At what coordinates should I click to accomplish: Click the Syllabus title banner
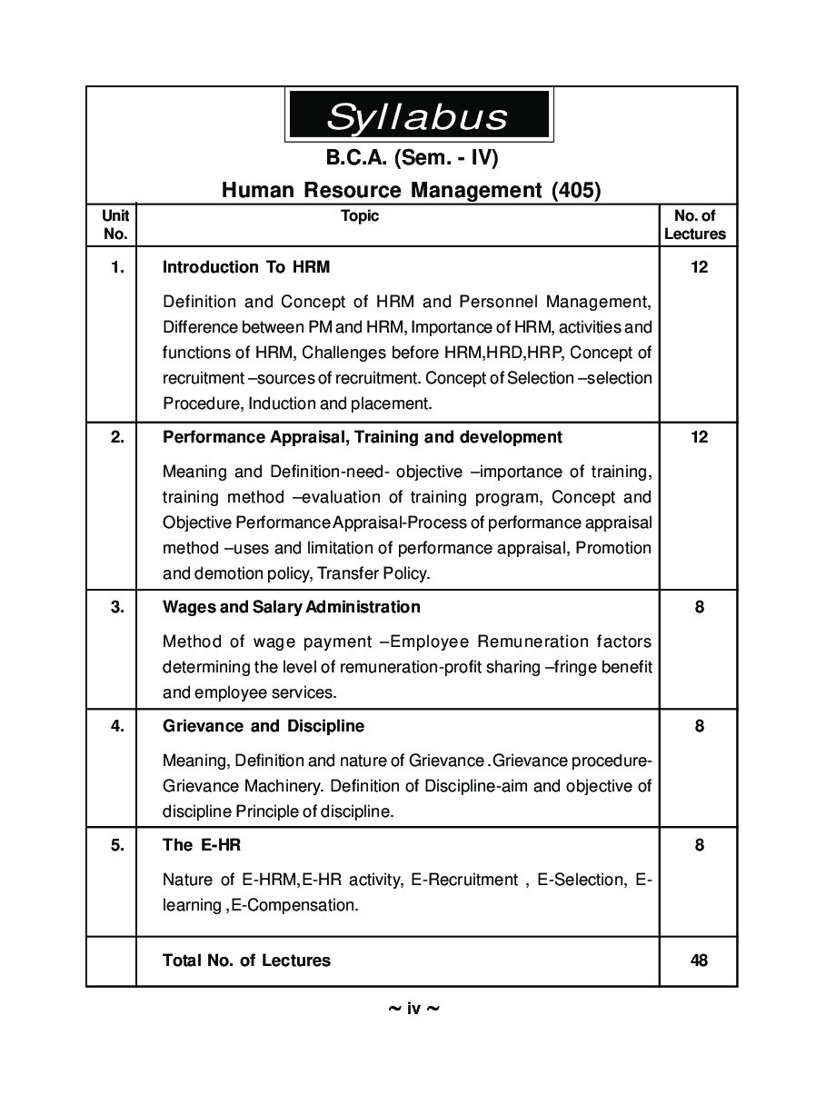418,115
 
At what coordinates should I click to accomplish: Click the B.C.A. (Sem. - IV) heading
412,158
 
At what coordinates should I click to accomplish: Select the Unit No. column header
115,224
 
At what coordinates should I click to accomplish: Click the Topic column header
360,216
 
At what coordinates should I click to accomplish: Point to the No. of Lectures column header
695,224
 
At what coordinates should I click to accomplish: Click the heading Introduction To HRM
246,267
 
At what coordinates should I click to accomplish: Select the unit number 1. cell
116,267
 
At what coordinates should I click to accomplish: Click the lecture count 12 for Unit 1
699,267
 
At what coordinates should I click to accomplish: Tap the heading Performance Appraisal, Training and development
362,437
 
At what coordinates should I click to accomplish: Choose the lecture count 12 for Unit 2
699,437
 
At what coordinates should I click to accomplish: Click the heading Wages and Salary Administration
291,606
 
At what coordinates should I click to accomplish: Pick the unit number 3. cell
116,606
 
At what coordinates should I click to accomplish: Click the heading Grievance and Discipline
263,726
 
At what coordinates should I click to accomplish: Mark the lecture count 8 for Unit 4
699,726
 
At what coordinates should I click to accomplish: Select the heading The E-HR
201,845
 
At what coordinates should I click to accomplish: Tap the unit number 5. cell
116,845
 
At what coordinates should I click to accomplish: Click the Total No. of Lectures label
246,961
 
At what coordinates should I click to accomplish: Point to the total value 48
699,961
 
